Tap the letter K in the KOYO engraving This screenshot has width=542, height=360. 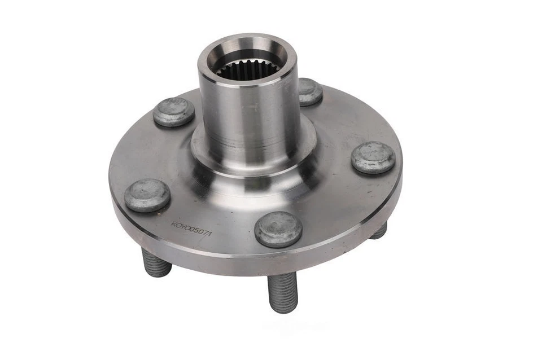174,224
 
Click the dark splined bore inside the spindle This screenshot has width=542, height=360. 248,70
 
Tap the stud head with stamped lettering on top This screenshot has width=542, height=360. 173,111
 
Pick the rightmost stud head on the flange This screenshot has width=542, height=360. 373,157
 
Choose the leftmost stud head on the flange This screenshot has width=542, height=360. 147,195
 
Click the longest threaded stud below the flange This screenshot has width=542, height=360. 283,292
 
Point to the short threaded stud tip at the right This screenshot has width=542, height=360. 379,230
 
